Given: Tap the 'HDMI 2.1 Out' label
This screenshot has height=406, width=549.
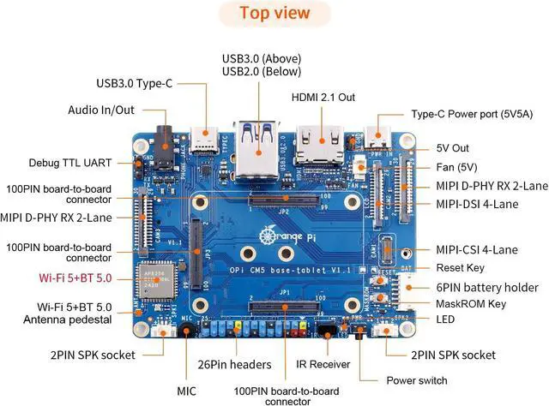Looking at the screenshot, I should click(x=323, y=97).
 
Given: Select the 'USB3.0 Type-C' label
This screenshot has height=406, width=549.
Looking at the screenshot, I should click(x=135, y=83).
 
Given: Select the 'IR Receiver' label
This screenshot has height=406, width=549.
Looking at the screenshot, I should click(x=323, y=363).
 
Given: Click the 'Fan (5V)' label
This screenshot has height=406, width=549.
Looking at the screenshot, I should click(x=455, y=166).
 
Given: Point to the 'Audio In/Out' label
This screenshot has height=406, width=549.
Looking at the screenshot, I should click(x=102, y=110).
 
